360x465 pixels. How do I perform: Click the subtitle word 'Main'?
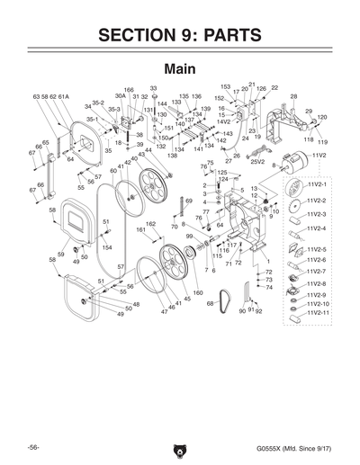[180, 69]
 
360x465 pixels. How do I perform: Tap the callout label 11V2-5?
[319, 249]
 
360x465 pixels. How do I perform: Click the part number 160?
[198, 293]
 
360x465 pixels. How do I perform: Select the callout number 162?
[151, 223]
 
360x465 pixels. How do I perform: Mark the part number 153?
[225, 87]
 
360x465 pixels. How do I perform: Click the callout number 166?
[129, 89]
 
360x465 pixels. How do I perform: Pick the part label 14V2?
[223, 121]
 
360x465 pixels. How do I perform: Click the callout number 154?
[106, 247]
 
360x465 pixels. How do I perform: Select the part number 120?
[321, 118]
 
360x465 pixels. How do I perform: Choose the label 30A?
[120, 96]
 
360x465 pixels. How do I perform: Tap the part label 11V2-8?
[319, 283]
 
